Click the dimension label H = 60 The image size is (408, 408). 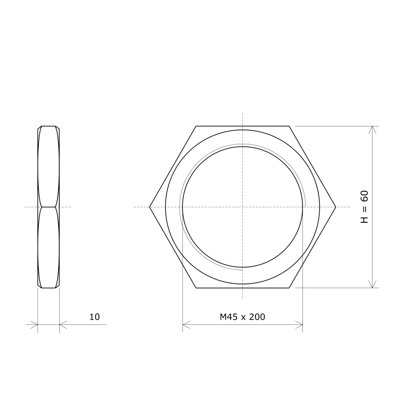coord(364,207)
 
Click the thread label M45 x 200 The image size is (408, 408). coord(242,317)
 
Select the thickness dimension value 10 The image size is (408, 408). coord(94,317)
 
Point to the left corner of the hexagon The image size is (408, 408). coord(149,207)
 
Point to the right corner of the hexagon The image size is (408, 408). coord(336,207)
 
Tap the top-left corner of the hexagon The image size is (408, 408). coord(196,126)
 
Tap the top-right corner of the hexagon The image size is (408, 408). coord(289,126)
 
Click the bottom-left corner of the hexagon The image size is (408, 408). coord(196,288)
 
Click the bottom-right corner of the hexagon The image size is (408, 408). coord(289,288)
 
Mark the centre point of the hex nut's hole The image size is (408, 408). coord(243,207)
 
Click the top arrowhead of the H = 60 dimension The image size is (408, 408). coord(373,128)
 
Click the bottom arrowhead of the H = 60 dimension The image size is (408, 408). coord(373,286)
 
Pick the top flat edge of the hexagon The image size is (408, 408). coord(243,126)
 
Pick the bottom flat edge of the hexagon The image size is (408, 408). coord(243,288)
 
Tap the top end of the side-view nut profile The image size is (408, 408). coord(48,126)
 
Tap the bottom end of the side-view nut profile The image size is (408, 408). coord(48,288)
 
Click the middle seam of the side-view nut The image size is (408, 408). coord(48,207)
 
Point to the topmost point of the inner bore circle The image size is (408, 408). coord(243,147)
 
